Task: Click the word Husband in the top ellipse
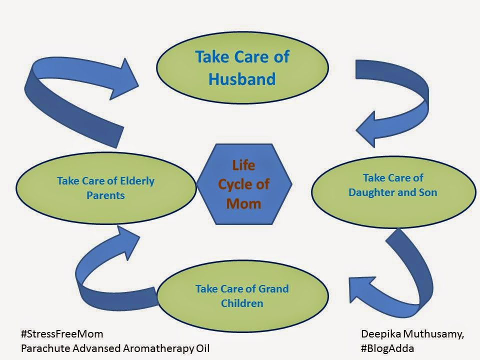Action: tap(242, 79)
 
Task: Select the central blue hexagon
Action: tap(244, 184)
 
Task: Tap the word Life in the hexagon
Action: tap(243, 165)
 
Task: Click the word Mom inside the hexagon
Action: tap(243, 203)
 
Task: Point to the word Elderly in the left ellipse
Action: tap(137, 181)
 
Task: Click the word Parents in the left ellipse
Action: tap(105, 195)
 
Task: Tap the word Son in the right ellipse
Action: tap(427, 192)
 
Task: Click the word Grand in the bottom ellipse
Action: tap(273, 288)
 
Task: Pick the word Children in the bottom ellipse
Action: tap(242, 303)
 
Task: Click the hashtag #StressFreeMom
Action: tap(62, 333)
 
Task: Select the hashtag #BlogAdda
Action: tap(387, 348)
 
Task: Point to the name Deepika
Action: tap(381, 334)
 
